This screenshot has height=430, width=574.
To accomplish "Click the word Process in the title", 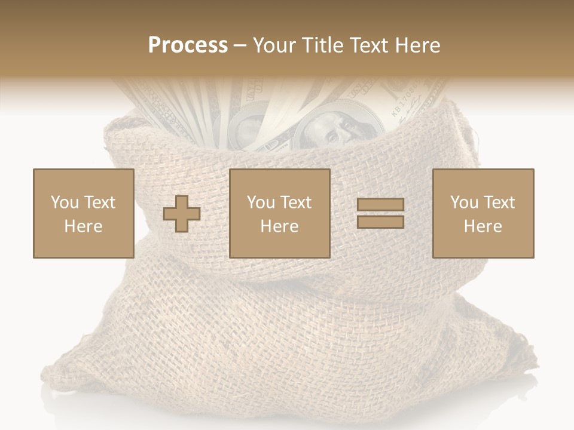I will click(x=188, y=45).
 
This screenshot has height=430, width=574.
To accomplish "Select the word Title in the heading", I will click(x=323, y=45).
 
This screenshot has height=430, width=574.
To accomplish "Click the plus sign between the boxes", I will click(x=182, y=214).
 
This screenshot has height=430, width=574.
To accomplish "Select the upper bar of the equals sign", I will click(x=380, y=205).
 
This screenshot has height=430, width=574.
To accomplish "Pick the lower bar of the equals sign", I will click(x=380, y=222).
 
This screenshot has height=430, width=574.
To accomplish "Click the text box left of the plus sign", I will click(x=83, y=213).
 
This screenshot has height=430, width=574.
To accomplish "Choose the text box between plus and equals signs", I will click(x=279, y=213).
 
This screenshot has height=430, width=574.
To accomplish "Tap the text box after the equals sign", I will click(x=483, y=213).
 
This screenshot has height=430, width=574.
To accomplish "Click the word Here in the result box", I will click(x=483, y=226).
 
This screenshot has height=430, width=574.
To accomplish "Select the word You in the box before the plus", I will click(x=64, y=202).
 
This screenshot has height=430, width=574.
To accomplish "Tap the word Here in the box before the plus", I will click(x=83, y=226).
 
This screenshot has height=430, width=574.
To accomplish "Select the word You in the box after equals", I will click(x=464, y=202).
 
